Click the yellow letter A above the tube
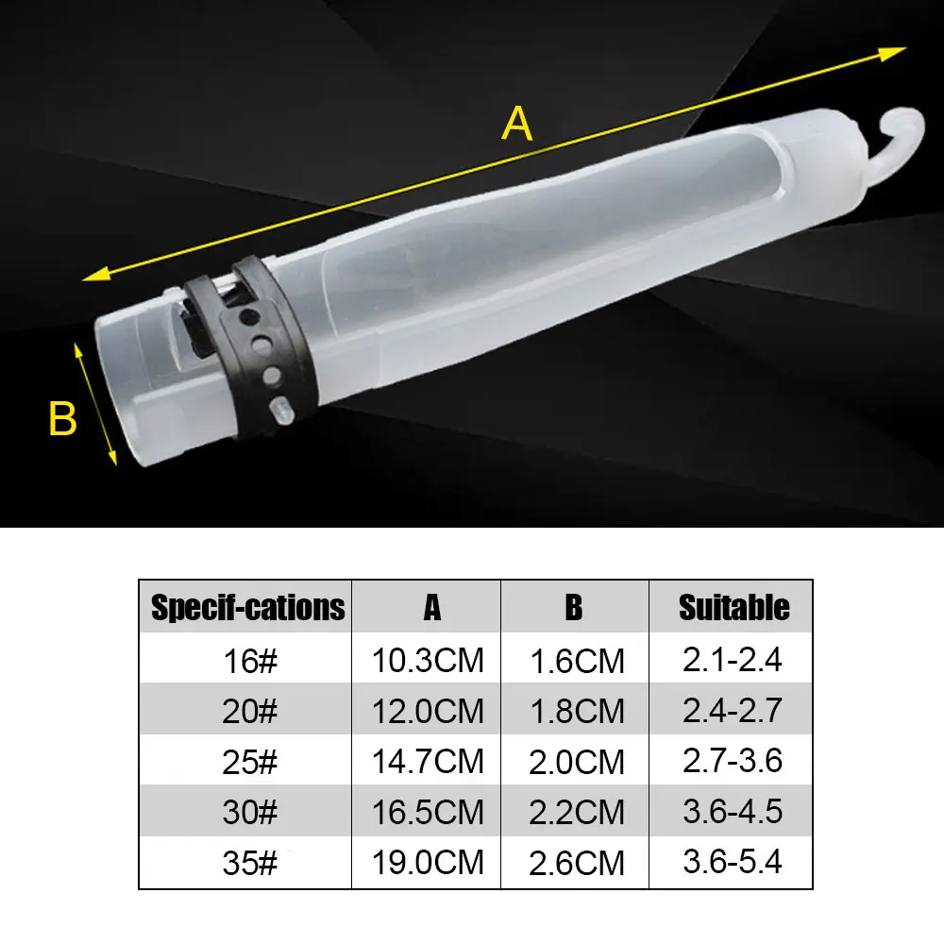click(x=517, y=124)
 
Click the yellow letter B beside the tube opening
click(x=62, y=418)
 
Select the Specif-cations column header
click(x=247, y=607)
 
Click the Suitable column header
click(x=733, y=607)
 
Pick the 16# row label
click(x=250, y=661)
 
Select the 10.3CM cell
click(x=428, y=661)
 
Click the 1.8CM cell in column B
click(x=577, y=711)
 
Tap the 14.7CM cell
click(x=428, y=762)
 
